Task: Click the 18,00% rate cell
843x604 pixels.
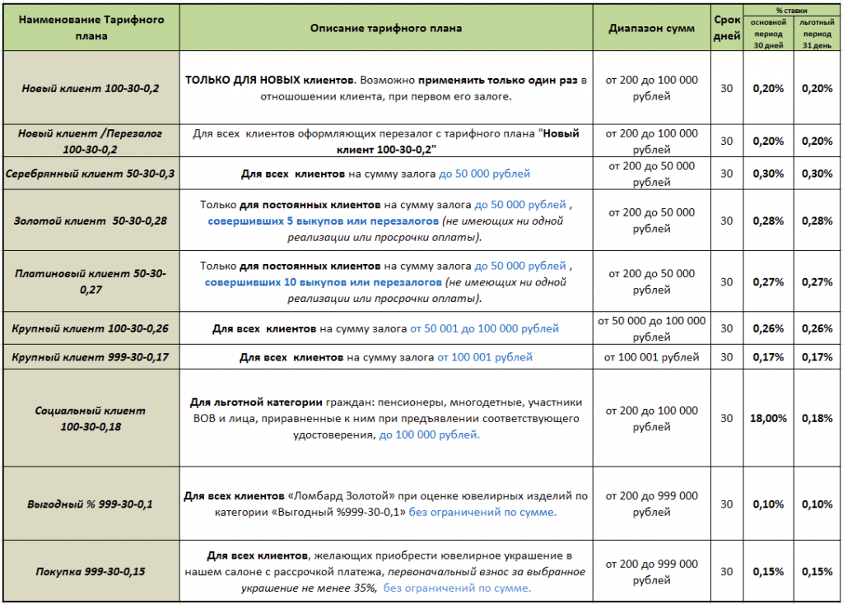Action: (767, 418)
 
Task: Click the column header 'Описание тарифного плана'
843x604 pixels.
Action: (386, 28)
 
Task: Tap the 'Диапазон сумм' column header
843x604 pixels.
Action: (651, 28)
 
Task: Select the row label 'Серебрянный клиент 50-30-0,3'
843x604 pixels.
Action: (90, 174)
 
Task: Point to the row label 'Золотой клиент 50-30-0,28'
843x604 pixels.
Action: (90, 221)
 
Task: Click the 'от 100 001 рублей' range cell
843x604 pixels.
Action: (651, 357)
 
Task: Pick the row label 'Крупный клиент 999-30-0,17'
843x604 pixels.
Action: (90, 357)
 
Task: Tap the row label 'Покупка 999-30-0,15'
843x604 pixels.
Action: (90, 571)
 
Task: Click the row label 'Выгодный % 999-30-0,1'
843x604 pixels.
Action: (90, 504)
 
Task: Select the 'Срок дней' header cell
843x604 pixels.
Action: (726, 28)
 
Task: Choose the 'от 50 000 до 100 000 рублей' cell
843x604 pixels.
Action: (651, 328)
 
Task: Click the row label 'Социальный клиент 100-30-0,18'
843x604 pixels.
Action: (90, 418)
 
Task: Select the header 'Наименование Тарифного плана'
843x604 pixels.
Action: (90, 26)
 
